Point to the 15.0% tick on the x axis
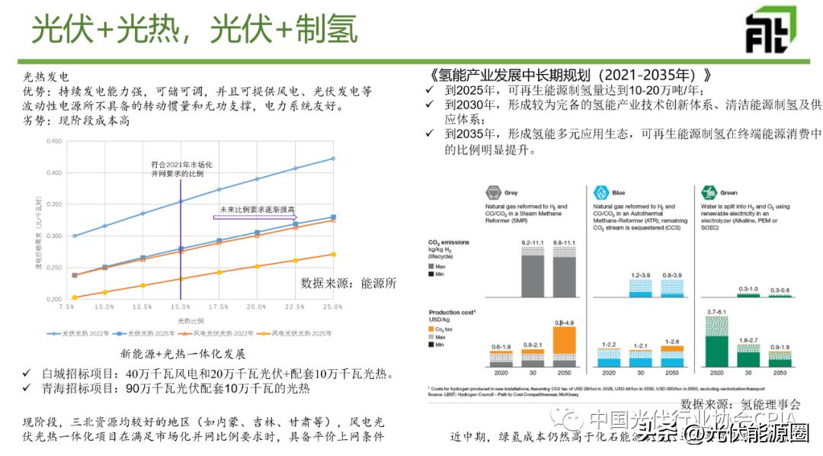pos(181,306)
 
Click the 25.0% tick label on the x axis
pos(333,306)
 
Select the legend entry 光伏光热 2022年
pos(75,334)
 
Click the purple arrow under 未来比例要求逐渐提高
pos(255,217)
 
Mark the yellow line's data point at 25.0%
pos(333,254)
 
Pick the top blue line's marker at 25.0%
pos(333,159)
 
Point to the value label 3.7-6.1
pos(716,313)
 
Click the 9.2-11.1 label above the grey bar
pos(533,242)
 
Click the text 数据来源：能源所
pos(348,282)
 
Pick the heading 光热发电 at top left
pos(46,76)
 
